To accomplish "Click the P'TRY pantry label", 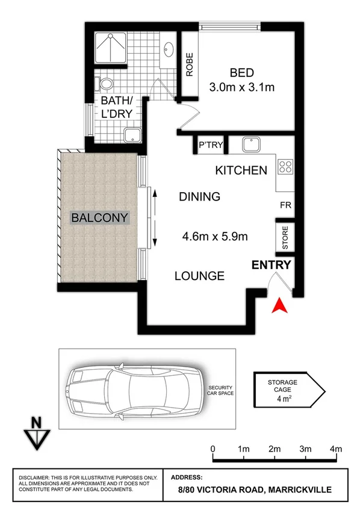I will (211, 145).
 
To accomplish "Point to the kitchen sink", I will (250, 145).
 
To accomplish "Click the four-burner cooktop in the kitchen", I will (285, 166).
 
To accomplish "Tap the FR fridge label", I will (285, 205).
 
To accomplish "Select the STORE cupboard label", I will (285, 238).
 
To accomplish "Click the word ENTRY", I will (272, 265).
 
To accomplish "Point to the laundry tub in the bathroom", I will (131, 135).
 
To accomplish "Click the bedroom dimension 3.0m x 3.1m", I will (241, 87).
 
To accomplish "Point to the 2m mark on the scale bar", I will (275, 449).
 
